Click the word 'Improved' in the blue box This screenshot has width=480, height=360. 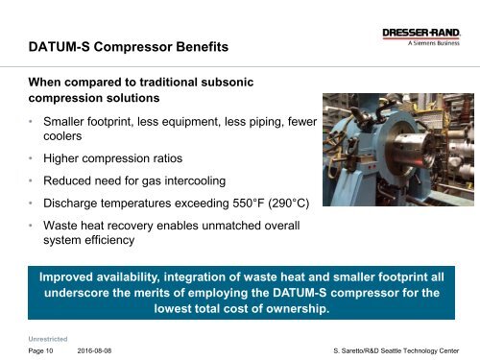pyautogui.click(x=71, y=277)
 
